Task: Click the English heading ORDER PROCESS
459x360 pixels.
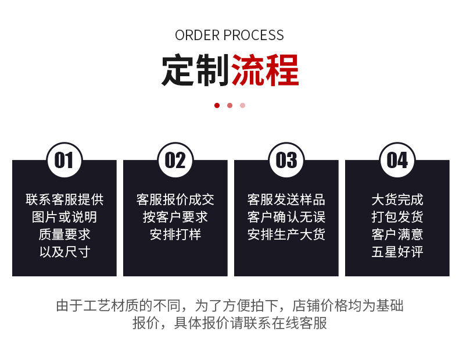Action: [229, 35]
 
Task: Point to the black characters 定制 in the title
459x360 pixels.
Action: [195, 71]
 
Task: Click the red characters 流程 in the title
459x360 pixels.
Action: [265, 71]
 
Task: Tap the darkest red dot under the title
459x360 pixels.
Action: [217, 105]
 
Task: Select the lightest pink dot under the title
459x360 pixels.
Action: [242, 105]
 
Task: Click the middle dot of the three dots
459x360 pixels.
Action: [229, 105]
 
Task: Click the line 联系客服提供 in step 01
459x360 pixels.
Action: [64, 199]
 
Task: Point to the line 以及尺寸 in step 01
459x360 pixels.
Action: [64, 252]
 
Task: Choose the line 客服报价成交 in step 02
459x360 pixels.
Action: [175, 199]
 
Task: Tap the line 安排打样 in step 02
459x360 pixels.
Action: [175, 234]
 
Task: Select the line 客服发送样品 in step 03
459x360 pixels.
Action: [286, 199]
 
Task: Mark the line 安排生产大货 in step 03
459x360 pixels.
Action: [286, 234]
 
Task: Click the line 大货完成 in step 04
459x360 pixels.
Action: [397, 199]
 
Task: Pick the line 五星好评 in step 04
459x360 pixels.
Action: [397, 252]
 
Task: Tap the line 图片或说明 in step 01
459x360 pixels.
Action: [64, 217]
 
